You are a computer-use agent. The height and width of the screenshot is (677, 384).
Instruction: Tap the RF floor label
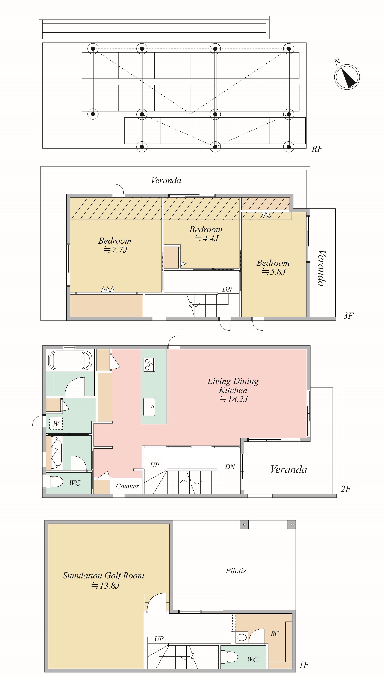(317, 149)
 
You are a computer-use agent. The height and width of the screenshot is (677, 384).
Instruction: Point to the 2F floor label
(346, 489)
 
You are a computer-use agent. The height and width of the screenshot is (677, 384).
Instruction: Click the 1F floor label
(304, 665)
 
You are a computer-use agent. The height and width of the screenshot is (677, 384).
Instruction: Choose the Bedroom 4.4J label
(206, 234)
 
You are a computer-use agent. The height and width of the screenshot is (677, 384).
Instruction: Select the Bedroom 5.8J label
(273, 267)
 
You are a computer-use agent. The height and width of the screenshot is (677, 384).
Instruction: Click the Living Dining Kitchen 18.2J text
(233, 390)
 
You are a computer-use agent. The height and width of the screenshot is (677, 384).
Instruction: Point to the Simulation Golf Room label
(103, 580)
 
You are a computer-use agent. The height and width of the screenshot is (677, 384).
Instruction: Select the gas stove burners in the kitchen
(149, 364)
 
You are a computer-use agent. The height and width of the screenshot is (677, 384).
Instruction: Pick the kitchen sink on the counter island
(149, 407)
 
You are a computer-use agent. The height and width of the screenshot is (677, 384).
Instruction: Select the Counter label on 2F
(127, 486)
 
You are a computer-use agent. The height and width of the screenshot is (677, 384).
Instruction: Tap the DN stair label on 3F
(227, 289)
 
